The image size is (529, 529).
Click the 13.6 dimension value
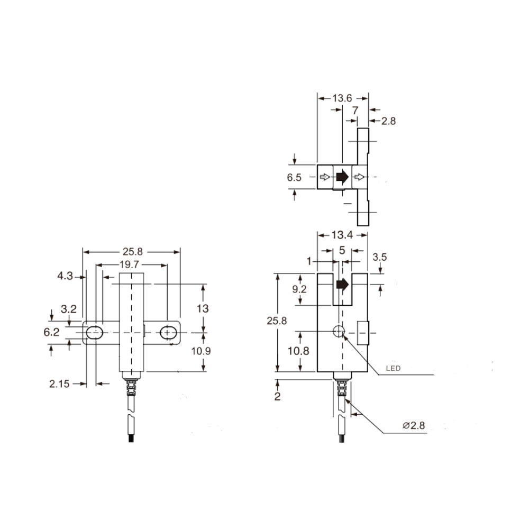click(342, 98)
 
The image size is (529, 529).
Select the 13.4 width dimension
click(342, 235)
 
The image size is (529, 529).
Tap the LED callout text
click(394, 368)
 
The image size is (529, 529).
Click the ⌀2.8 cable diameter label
click(414, 425)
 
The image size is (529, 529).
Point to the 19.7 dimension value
click(129, 264)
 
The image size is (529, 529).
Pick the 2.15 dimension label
click(59, 384)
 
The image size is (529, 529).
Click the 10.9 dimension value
click(201, 351)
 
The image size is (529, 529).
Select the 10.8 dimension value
click(298, 351)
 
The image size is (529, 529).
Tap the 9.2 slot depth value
click(299, 289)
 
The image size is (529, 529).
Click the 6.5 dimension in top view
click(294, 177)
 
